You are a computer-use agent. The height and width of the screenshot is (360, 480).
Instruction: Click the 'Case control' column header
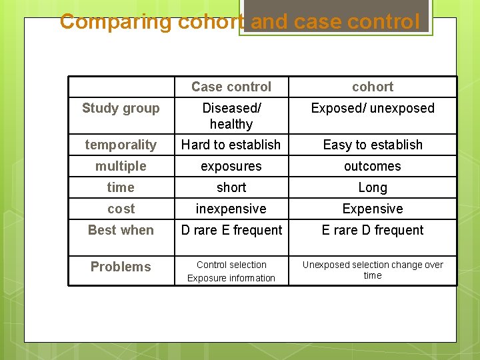(231, 87)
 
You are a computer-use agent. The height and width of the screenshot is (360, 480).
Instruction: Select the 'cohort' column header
(373, 87)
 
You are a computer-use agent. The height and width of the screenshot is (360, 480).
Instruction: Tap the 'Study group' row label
(121, 108)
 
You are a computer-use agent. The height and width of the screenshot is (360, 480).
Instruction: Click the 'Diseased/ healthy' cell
(231, 116)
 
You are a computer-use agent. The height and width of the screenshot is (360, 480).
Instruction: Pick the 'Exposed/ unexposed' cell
(373, 108)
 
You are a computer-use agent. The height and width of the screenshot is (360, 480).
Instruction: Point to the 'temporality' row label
(121, 145)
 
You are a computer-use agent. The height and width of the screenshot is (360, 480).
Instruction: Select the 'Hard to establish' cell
(231, 145)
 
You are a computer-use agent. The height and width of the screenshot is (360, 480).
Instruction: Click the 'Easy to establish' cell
(373, 145)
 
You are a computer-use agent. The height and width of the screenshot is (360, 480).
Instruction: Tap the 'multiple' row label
(121, 166)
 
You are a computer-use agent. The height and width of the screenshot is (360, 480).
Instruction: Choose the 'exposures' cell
(231, 166)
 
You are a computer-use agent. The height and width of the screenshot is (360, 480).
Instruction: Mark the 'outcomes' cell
(373, 166)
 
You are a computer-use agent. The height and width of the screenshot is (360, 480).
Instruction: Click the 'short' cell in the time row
(231, 187)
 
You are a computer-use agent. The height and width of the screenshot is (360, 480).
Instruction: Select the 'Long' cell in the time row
(373, 187)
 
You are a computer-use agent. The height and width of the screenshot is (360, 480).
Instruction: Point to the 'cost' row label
(121, 209)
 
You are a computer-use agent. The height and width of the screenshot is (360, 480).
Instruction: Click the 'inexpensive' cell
(231, 209)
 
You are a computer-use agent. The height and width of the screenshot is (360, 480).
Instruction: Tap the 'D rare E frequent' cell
(231, 230)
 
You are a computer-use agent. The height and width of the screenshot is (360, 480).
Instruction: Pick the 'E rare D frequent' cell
(373, 230)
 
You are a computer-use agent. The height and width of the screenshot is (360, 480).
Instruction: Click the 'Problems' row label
(121, 267)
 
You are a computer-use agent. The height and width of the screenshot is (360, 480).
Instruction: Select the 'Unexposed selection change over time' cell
(373, 270)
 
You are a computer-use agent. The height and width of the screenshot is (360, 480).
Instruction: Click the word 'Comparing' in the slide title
(116, 21)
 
